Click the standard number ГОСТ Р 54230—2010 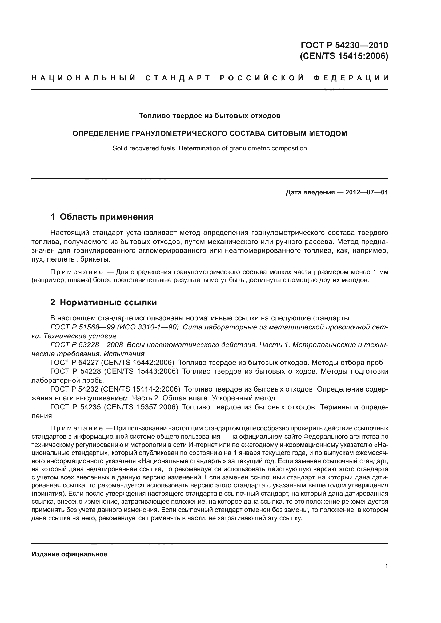coord(344,45)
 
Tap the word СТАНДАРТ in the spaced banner coord(178,78)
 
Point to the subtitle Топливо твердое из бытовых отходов coord(210,116)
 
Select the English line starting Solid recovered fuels coord(210,148)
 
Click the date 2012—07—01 coord(366,192)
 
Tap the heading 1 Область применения coord(102,217)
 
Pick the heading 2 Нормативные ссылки coord(103,302)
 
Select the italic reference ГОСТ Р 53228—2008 coord(87,345)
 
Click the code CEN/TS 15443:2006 coord(141,372)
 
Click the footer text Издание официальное coord(69,554)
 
